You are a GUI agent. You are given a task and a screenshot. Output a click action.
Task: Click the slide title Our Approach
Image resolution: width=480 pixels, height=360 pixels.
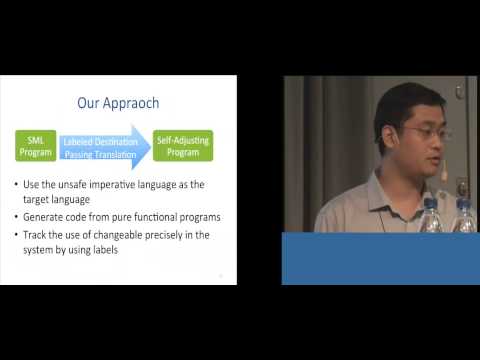119,102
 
